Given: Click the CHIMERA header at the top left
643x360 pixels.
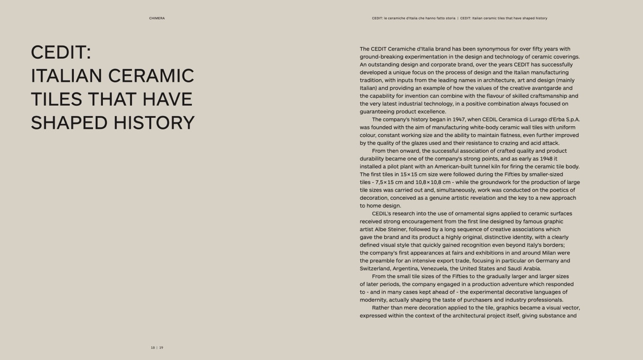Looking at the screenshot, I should pos(157,18).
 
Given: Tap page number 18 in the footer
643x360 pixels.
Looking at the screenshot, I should pos(153,348).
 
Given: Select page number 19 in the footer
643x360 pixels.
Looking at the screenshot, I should pos(161,348).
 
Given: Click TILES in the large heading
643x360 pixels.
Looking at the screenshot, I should pos(56,100).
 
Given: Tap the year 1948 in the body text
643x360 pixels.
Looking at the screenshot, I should pos(547,159).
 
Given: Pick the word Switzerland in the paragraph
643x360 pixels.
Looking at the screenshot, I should pos(375,268).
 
